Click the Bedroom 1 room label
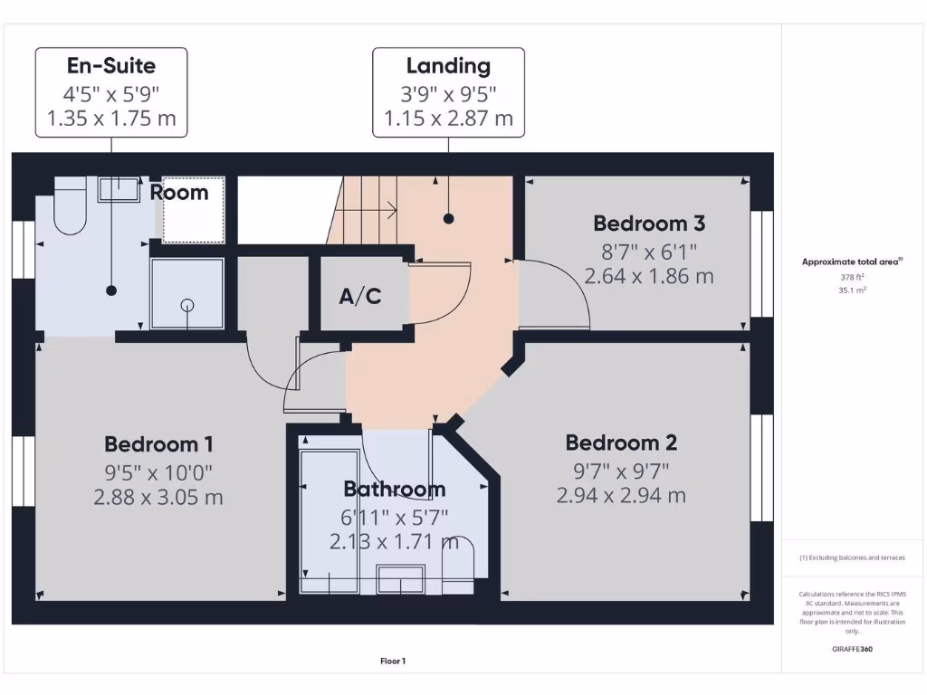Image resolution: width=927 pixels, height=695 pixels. pyautogui.click(x=158, y=444)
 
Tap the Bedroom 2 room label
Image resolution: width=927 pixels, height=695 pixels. pyautogui.click(x=621, y=443)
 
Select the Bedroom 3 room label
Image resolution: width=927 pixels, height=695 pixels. pyautogui.click(x=648, y=223)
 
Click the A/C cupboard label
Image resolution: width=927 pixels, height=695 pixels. pyautogui.click(x=359, y=296)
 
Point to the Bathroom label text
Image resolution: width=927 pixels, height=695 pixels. pyautogui.click(x=394, y=490)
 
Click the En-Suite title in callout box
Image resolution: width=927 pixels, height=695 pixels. pyautogui.click(x=111, y=65)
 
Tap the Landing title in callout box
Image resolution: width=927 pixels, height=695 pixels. pyautogui.click(x=448, y=65)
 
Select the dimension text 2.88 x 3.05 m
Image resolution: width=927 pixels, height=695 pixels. pyautogui.click(x=158, y=497)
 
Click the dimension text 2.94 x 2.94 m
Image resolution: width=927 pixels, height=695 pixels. pyautogui.click(x=621, y=495)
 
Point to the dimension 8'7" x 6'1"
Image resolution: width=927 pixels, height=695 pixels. pyautogui.click(x=648, y=251)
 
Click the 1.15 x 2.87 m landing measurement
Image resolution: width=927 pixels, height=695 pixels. pyautogui.click(x=448, y=118)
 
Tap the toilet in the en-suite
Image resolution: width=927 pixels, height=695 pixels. pyautogui.click(x=69, y=206)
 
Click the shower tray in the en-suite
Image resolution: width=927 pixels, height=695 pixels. pyautogui.click(x=186, y=294)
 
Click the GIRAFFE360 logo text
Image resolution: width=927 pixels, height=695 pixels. pyautogui.click(x=851, y=649)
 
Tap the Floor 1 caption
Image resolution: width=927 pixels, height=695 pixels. pyautogui.click(x=393, y=662)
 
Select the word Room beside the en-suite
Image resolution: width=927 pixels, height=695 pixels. pyautogui.click(x=179, y=192)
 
